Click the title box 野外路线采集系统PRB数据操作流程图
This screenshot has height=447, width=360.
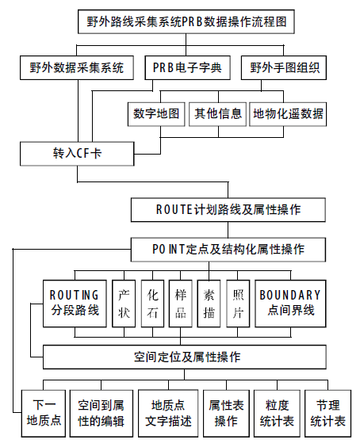pyautogui.click(x=186, y=21)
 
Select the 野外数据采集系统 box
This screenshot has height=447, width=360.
pyautogui.click(x=77, y=67)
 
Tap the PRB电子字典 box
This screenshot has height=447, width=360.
pyautogui.click(x=187, y=67)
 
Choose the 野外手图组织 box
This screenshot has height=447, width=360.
pyautogui.click(x=284, y=67)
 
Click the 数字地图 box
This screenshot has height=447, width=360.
pyautogui.click(x=156, y=114)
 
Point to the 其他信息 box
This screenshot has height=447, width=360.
pyautogui.click(x=217, y=114)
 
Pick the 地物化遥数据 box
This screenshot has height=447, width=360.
pyautogui.click(x=288, y=114)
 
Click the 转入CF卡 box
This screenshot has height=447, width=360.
pyautogui.click(x=77, y=154)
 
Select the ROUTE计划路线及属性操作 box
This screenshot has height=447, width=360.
pyautogui.click(x=228, y=210)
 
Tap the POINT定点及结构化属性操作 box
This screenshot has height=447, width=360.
pyautogui.click(x=228, y=250)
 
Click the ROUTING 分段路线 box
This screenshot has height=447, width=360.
pyautogui.click(x=75, y=304)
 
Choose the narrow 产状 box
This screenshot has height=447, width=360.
pyautogui.click(x=124, y=304)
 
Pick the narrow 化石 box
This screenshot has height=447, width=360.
pyautogui.click(x=152, y=304)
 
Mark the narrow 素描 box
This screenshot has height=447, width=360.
pyautogui.click(x=209, y=304)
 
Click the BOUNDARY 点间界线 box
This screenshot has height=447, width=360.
pyautogui.click(x=290, y=304)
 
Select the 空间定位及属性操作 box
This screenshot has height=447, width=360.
pyautogui.click(x=185, y=357)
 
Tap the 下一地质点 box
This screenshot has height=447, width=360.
pyautogui.click(x=44, y=414)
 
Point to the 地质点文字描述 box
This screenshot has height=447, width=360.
pyautogui.click(x=168, y=414)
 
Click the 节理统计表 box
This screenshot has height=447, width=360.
pyautogui.click(x=327, y=414)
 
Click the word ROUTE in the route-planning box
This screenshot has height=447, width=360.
pyautogui.click(x=174, y=210)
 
